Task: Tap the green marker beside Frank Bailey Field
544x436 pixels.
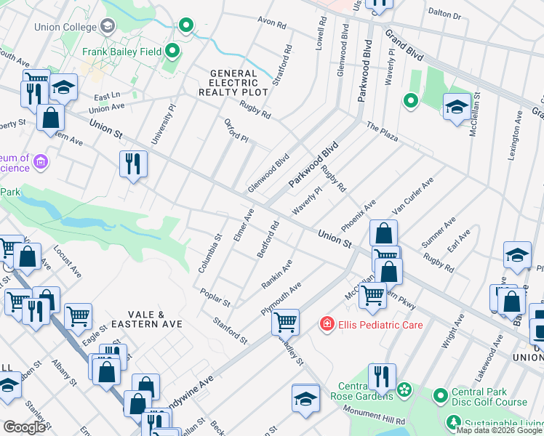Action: (173, 51)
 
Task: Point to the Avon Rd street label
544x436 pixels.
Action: (271, 23)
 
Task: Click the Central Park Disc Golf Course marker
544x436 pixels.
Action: (440, 396)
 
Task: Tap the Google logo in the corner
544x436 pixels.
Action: (24, 427)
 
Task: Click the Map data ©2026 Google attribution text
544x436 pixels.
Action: (499, 430)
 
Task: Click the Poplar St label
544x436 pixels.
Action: (215, 297)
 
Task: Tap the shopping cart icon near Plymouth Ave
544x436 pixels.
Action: (285, 320)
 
